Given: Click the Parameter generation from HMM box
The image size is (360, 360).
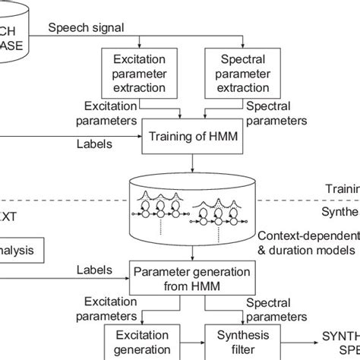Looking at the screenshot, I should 178,278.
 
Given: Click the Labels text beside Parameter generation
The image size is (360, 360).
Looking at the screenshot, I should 93,270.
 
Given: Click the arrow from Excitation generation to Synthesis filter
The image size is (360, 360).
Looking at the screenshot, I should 192,342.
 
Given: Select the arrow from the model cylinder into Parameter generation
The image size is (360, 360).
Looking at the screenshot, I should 179,254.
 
